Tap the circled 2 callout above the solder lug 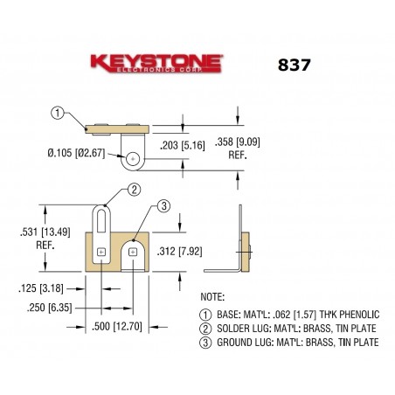point(134,190)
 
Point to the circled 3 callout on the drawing point(163,206)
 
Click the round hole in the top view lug point(132,159)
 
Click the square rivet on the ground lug point(133,253)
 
